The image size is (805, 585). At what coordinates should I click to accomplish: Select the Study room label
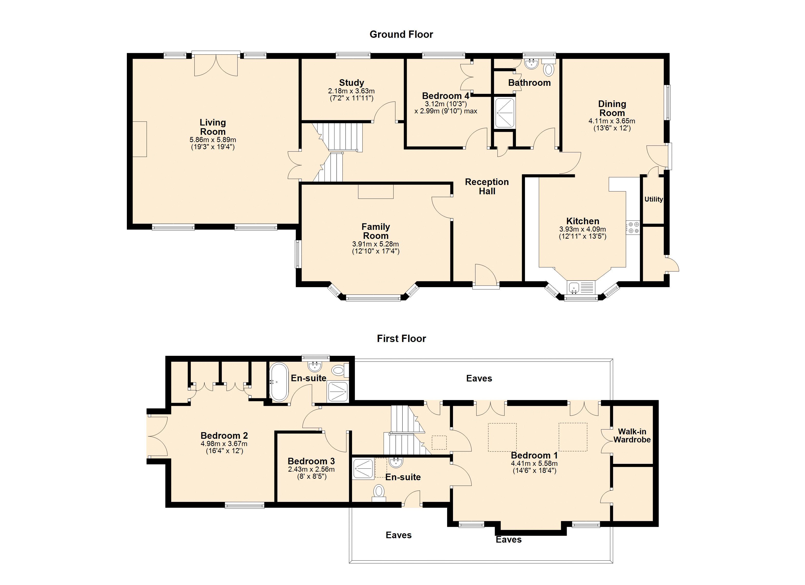pyautogui.click(x=351, y=83)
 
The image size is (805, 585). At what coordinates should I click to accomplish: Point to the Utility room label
pyautogui.click(x=654, y=199)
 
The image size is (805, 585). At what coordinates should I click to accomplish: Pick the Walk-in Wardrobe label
pyautogui.click(x=632, y=436)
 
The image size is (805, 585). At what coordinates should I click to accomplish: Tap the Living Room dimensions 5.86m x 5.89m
pyautogui.click(x=213, y=140)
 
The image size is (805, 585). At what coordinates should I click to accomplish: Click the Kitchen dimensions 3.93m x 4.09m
pyautogui.click(x=583, y=229)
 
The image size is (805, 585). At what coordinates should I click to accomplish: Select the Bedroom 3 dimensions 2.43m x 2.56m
pyautogui.click(x=311, y=469)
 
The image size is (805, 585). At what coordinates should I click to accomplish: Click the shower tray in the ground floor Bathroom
pyautogui.click(x=504, y=113)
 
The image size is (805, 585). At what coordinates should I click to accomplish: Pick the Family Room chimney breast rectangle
pyautogui.click(x=376, y=192)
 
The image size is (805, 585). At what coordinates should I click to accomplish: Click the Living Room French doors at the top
pyautogui.click(x=216, y=64)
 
